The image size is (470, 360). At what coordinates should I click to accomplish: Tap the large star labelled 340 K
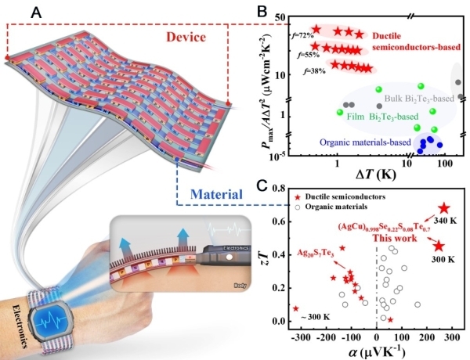[x=444, y=208]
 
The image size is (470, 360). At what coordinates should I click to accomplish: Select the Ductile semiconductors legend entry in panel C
[x=333, y=196]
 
